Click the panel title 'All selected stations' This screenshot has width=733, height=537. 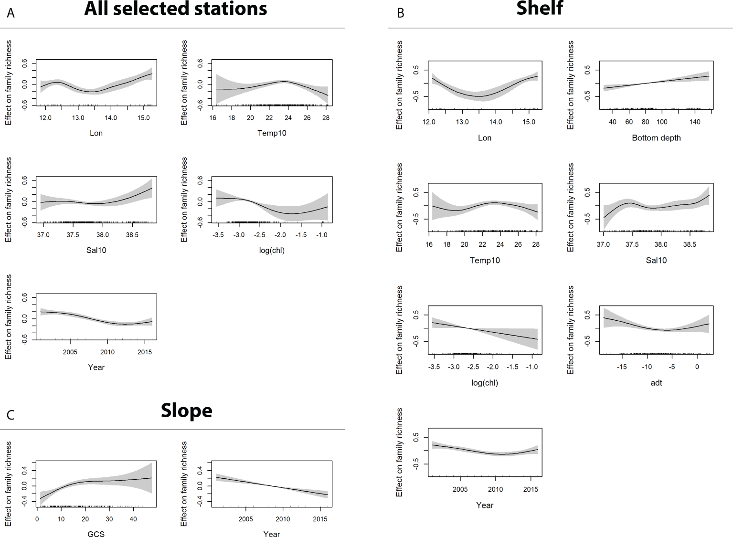175,9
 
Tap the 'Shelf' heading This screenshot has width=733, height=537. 540,8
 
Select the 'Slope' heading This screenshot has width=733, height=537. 186,411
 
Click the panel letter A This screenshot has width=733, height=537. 11,13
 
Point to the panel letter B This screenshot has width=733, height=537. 401,13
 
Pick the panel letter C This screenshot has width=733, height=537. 11,415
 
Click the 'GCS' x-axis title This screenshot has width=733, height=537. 96,534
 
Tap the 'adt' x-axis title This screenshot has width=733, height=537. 656,382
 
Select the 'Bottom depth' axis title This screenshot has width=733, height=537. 656,138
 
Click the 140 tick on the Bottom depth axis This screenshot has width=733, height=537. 695,122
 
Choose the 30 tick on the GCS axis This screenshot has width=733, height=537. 109,519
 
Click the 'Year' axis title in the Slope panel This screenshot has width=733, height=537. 271,534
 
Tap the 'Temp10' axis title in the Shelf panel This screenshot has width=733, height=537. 485,260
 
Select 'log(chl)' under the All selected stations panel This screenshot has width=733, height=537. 271,250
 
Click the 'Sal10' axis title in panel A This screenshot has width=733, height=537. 96,250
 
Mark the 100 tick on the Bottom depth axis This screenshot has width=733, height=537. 662,122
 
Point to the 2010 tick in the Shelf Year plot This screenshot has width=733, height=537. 495,489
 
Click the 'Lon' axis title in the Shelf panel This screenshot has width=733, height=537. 485,138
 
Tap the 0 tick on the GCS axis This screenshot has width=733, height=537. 37,519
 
